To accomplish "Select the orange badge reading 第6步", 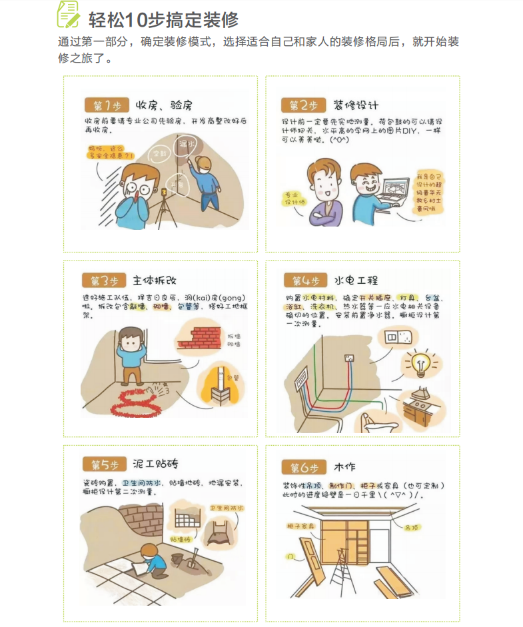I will pyautogui.click(x=304, y=467).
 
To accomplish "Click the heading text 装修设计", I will pyautogui.click(x=356, y=105).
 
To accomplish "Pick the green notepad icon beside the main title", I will pyautogui.click(x=69, y=15).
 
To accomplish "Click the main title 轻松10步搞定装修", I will pyautogui.click(x=163, y=19).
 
